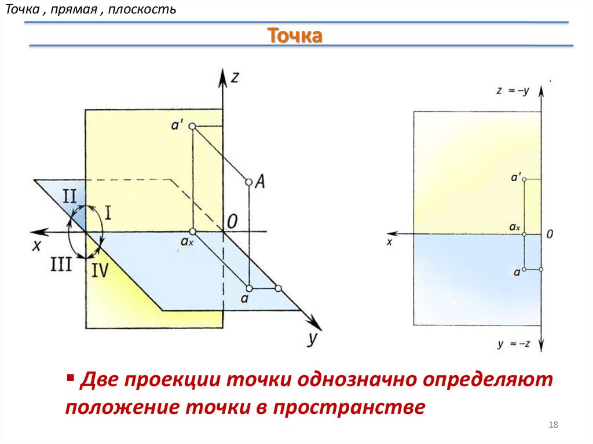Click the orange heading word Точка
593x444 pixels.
[295, 36]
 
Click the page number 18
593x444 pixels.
[552, 426]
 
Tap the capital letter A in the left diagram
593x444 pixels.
[260, 182]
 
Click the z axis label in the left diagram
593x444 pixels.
[235, 78]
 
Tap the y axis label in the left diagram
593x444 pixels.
[312, 340]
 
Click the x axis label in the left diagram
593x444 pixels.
[37, 245]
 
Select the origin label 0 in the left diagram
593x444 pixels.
[232, 221]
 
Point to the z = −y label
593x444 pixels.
[513, 90]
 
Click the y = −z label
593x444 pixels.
[514, 344]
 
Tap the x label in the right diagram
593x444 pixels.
[389, 242]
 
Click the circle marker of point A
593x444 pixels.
[248, 182]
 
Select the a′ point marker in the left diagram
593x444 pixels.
[192, 127]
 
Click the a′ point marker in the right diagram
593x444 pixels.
[524, 180]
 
